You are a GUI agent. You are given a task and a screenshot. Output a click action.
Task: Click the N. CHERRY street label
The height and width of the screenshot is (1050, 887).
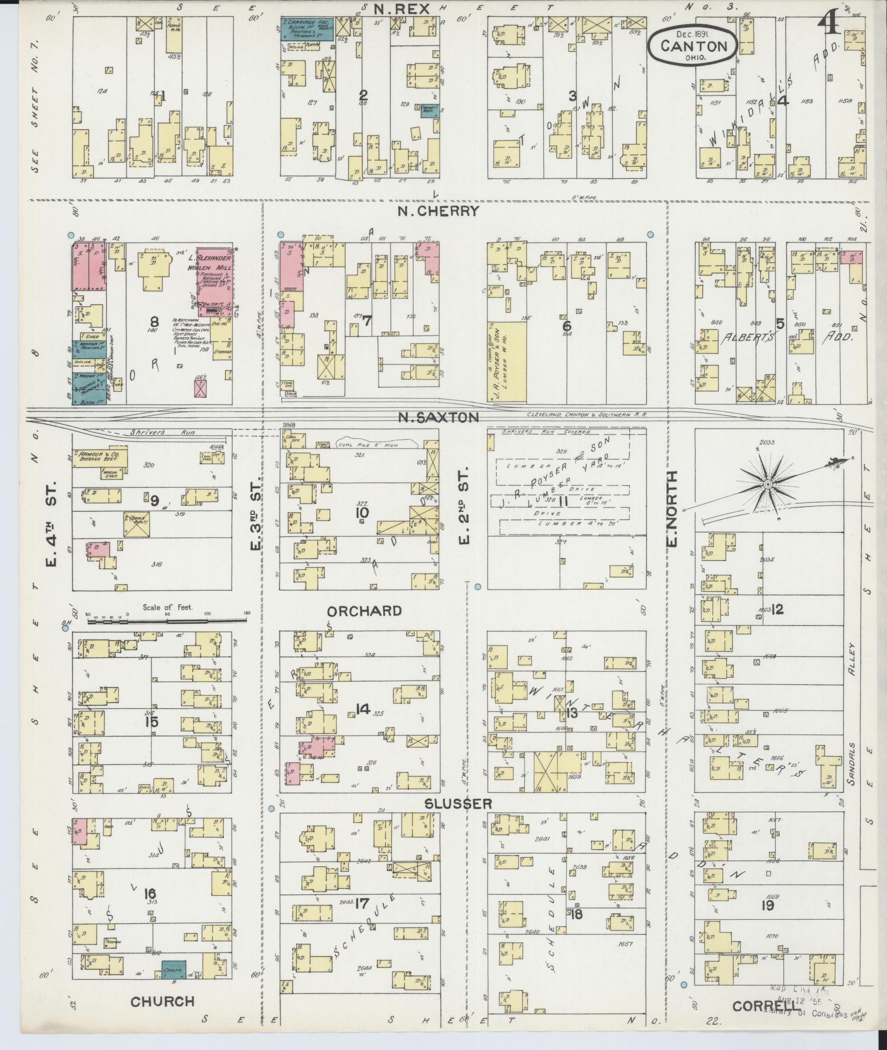click(x=438, y=211)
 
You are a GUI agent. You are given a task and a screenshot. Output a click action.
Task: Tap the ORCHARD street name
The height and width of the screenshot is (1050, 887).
click(x=364, y=611)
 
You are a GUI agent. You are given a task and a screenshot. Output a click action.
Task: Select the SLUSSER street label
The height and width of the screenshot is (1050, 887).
click(x=459, y=803)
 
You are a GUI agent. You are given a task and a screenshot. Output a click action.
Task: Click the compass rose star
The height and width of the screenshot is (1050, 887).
click(x=767, y=484)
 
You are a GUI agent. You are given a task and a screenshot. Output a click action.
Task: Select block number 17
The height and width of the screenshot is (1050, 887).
click(x=363, y=904)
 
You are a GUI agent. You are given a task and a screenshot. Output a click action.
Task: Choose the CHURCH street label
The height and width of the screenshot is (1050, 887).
click(x=162, y=1000)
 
